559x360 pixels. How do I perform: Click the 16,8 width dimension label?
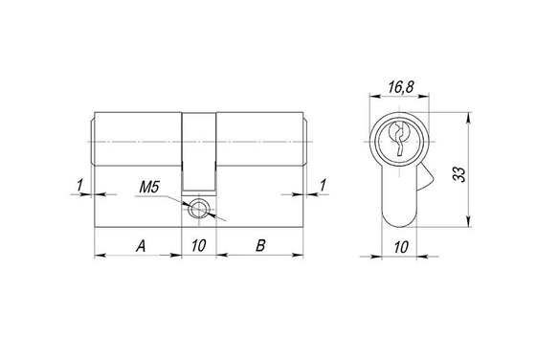pos(401,87)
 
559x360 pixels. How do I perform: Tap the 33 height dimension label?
pos(460,174)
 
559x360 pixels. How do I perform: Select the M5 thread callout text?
pos(148,187)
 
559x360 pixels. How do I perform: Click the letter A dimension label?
pos(141,246)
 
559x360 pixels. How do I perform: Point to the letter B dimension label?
pos(260,246)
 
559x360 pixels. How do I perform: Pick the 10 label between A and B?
pos(199,245)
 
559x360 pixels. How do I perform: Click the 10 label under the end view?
pos(401,247)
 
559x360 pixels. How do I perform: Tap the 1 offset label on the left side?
pos(79,186)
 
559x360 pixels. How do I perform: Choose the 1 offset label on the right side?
pos(323,186)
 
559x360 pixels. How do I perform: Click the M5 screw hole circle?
pos(197,208)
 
